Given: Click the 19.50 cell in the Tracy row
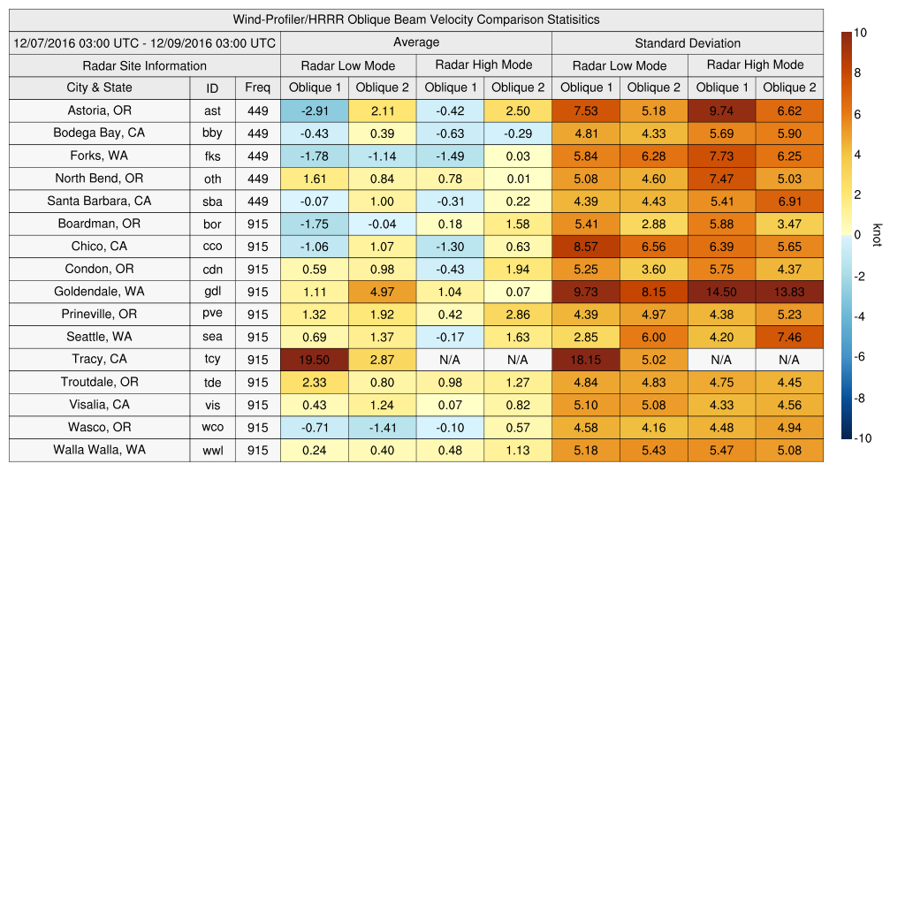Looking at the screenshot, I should pyautogui.click(x=314, y=360).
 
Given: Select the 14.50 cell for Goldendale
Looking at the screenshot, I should pyautogui.click(x=721, y=292).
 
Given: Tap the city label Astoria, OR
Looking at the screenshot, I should pyautogui.click(x=99, y=110).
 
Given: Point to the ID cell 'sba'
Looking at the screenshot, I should pyautogui.click(x=212, y=202).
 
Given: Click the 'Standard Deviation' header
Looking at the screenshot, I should pyautogui.click(x=688, y=43).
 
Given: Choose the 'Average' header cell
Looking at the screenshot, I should pyautogui.click(x=415, y=42).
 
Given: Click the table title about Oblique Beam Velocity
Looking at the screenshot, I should pyautogui.click(x=415, y=19).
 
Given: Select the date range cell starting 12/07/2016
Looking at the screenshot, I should pyautogui.click(x=145, y=42).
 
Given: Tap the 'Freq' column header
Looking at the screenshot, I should pyautogui.click(x=258, y=87).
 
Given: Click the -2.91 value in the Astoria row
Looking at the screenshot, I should pyautogui.click(x=314, y=110).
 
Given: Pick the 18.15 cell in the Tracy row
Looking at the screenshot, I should pyautogui.click(x=585, y=360).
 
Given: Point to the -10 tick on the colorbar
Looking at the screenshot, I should pyautogui.click(x=861, y=438).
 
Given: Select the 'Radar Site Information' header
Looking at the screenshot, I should pyautogui.click(x=145, y=65).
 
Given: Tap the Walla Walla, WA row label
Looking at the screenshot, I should pyautogui.click(x=99, y=450).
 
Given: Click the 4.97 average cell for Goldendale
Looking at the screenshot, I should pyautogui.click(x=382, y=292).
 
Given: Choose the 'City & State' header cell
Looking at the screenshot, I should pyautogui.click(x=99, y=87).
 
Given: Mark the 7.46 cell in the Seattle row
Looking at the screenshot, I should pyautogui.click(x=789, y=337).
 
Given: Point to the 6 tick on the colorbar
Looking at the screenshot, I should pyautogui.click(x=856, y=115).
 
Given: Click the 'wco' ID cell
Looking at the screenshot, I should pyautogui.click(x=212, y=428).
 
